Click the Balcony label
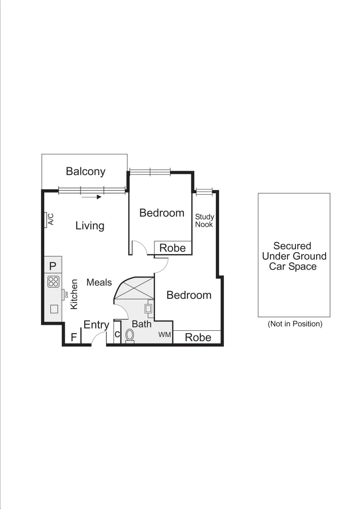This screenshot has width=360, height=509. pos(85,171)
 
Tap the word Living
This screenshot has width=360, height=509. pos(90,226)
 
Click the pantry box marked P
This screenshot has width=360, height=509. pos(53,265)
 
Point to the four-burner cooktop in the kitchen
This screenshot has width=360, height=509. pos(53,282)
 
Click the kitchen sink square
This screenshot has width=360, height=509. pos(54,309)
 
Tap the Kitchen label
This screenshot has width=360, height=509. pos(74,294)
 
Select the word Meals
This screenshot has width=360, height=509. pos(99,282)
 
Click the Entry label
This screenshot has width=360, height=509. pos(97,325)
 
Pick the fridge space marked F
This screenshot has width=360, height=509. pos(74,337)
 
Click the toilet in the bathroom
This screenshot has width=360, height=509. pos(130,336)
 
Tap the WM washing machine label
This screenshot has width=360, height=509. pos(164,335)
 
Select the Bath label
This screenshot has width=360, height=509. pos(141,324)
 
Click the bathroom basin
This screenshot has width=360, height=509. pos(148,309)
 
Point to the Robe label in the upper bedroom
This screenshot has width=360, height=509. pos(173,248)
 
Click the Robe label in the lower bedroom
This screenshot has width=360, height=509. pos(198,337)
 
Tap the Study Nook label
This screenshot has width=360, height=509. pos(205,221)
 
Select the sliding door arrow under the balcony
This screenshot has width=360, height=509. pos(91,197)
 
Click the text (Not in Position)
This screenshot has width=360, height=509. pos(295,324)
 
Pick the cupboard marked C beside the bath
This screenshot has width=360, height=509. pos(118,335)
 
